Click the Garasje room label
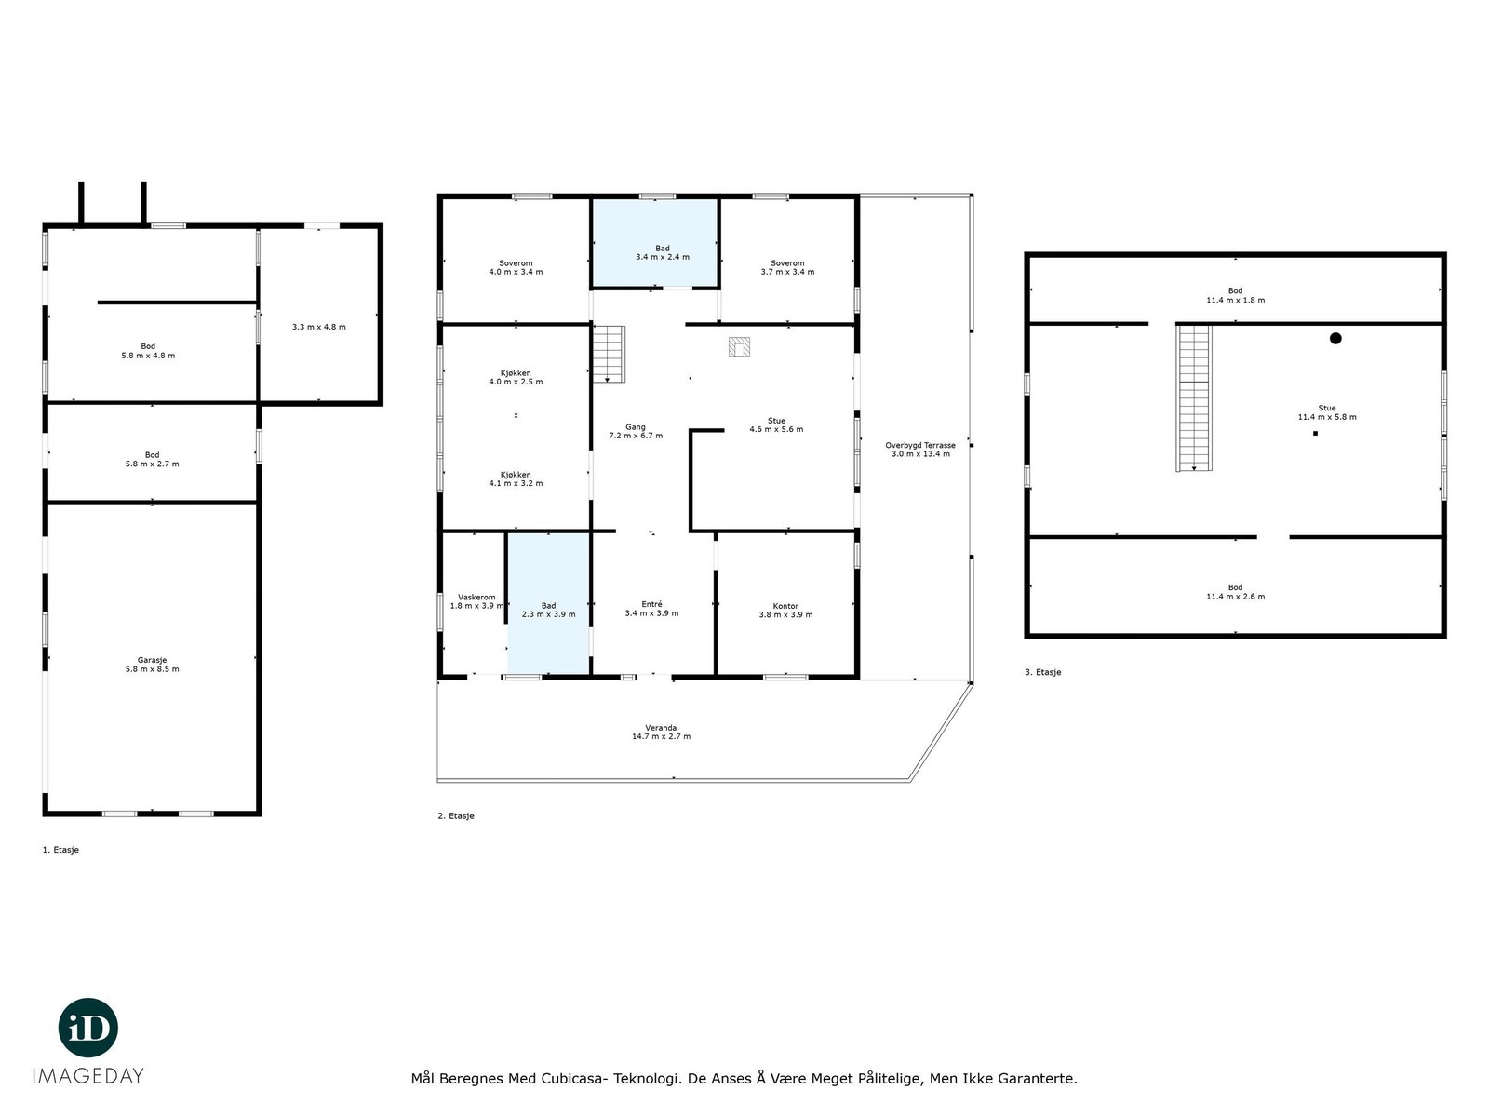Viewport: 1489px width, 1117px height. (x=152, y=660)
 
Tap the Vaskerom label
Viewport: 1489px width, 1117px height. (x=476, y=598)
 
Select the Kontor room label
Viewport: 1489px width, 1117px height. (x=785, y=606)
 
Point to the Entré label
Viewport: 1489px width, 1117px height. (x=651, y=604)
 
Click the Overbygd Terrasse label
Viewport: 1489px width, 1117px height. (x=919, y=446)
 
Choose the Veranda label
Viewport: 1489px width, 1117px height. (x=661, y=728)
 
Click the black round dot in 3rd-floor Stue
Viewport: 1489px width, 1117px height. (x=1335, y=339)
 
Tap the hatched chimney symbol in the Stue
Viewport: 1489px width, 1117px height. (x=739, y=347)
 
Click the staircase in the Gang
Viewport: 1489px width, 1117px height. (x=609, y=355)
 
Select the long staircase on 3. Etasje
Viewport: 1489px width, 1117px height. (x=1194, y=397)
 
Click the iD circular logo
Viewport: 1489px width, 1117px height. (x=88, y=1028)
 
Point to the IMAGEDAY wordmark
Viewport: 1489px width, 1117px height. (x=88, y=1076)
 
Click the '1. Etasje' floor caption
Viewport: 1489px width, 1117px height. (x=61, y=850)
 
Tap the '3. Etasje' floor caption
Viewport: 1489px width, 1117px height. (x=1042, y=672)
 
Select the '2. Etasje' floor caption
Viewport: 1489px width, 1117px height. (x=456, y=816)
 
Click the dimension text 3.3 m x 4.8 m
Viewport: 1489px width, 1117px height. (x=319, y=327)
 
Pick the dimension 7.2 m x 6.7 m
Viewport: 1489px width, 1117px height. (x=636, y=436)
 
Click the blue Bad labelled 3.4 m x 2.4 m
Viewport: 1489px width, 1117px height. (x=655, y=243)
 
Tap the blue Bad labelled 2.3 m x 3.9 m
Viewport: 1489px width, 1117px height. (x=548, y=603)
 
